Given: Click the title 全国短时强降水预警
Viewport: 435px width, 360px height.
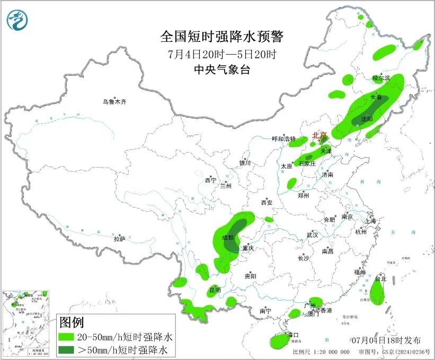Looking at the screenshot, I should click(x=222, y=37).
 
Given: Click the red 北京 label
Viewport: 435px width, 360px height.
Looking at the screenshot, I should click(x=319, y=135).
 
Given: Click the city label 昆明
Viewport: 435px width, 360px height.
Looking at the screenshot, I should click(x=215, y=289).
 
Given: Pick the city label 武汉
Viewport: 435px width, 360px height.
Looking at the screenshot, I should click(x=312, y=235).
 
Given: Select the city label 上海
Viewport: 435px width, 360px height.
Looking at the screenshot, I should click(x=369, y=221).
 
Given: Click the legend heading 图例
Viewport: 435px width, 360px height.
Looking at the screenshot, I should click(x=71, y=322).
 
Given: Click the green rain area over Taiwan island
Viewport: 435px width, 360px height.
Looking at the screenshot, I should click(x=377, y=292).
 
